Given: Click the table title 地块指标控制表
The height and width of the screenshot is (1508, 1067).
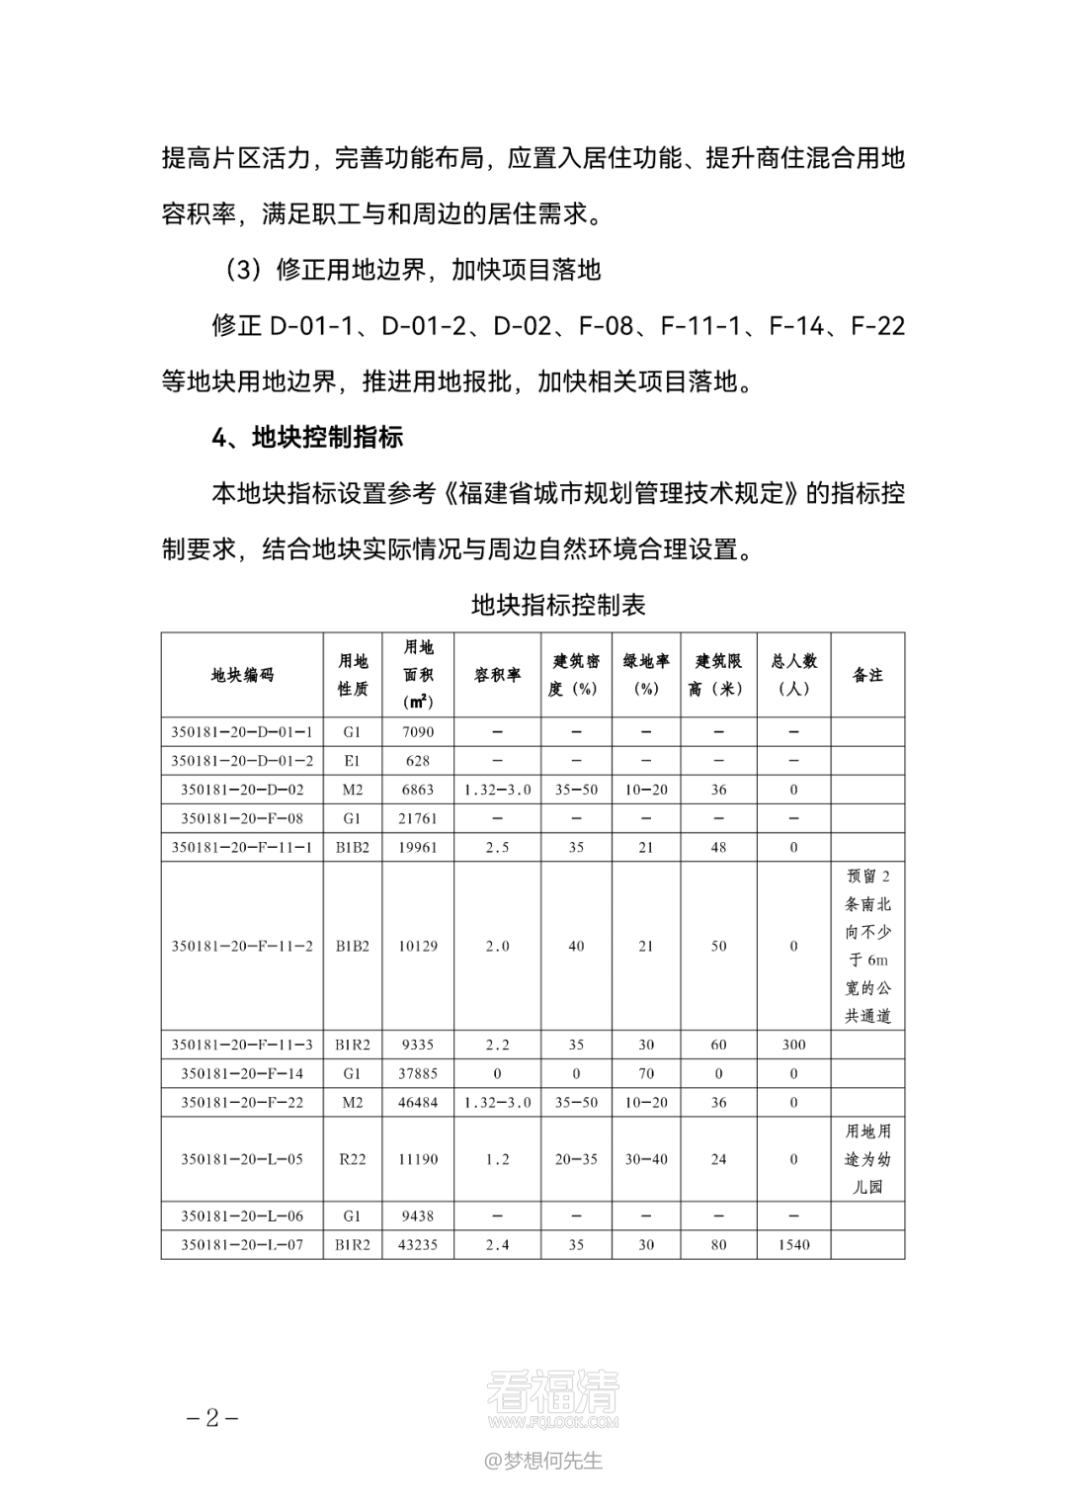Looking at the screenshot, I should (x=558, y=604).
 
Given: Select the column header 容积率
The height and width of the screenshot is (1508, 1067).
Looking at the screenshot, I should (x=497, y=675).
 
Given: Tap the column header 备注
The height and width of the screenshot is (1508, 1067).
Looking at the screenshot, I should (x=867, y=675).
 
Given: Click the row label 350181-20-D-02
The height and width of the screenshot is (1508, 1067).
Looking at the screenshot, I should (x=242, y=790).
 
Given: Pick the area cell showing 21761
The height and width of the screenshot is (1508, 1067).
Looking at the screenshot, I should (x=418, y=818).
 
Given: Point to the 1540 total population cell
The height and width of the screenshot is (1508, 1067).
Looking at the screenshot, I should (x=793, y=1244).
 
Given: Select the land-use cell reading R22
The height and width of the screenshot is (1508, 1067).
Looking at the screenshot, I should (x=353, y=1159).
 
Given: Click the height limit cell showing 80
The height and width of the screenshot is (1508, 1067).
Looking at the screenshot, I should (x=718, y=1244).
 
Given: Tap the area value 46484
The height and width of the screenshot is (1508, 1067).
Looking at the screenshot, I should (x=418, y=1102).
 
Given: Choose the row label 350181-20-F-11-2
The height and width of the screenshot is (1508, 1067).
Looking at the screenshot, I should (x=242, y=946).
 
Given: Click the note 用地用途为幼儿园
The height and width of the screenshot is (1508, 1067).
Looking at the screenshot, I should (x=867, y=1159).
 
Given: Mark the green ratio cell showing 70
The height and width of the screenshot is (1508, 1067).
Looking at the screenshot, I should (x=645, y=1073).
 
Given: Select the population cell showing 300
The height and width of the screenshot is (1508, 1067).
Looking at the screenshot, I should (x=793, y=1045).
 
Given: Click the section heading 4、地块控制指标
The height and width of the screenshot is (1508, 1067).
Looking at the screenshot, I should (x=307, y=437).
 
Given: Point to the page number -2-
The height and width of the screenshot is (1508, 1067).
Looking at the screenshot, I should (x=213, y=1418).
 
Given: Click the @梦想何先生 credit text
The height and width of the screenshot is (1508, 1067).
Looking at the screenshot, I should (x=542, y=1461).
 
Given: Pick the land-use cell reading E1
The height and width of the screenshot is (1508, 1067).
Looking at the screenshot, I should (x=353, y=761).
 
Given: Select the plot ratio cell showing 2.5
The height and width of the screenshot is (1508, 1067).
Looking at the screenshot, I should (x=497, y=847).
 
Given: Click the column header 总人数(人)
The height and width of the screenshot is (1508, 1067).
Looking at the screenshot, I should (x=793, y=675).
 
